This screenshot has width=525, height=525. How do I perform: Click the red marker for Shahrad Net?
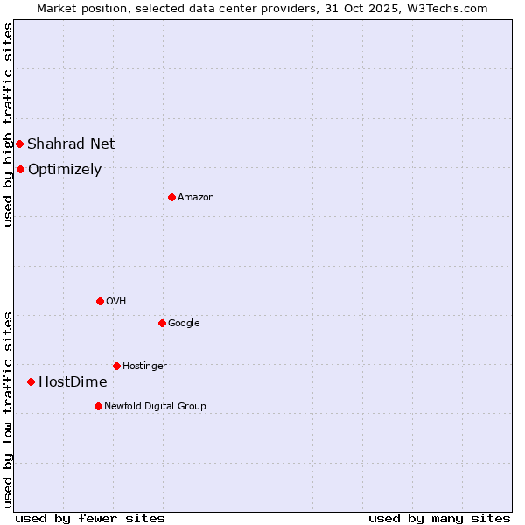pyautogui.click(x=19, y=143)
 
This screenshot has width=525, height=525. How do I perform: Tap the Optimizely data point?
pyautogui.click(x=20, y=169)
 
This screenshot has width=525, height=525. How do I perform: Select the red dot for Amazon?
pyautogui.click(x=171, y=197)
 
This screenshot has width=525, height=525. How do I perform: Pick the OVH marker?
pyautogui.click(x=100, y=301)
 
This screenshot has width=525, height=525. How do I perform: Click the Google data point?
pyautogui.click(x=162, y=323)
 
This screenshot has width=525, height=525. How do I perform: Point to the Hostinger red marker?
pyautogui.click(x=116, y=366)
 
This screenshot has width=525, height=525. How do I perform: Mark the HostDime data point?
pyautogui.click(x=31, y=381)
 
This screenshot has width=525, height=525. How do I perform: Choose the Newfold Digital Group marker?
pyautogui.click(x=98, y=406)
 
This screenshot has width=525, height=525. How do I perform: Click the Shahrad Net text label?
pyautogui.click(x=71, y=143)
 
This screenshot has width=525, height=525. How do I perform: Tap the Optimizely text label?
pyautogui.click(x=65, y=170)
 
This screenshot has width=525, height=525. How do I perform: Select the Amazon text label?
pyautogui.click(x=196, y=198)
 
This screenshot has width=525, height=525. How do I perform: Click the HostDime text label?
pyautogui.click(x=73, y=382)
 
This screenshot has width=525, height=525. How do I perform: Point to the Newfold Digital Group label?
pyautogui.click(x=155, y=406)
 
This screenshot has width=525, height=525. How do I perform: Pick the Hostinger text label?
pyautogui.click(x=144, y=366)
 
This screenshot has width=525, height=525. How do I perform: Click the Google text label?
pyautogui.click(x=184, y=323)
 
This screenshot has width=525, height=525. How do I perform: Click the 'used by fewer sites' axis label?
pyautogui.click(x=90, y=518)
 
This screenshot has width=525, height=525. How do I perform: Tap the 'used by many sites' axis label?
pyautogui.click(x=439, y=518)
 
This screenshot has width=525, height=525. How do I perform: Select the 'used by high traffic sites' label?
pyautogui.click(x=8, y=124)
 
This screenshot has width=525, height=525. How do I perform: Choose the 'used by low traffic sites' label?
pyautogui.click(x=8, y=409)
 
